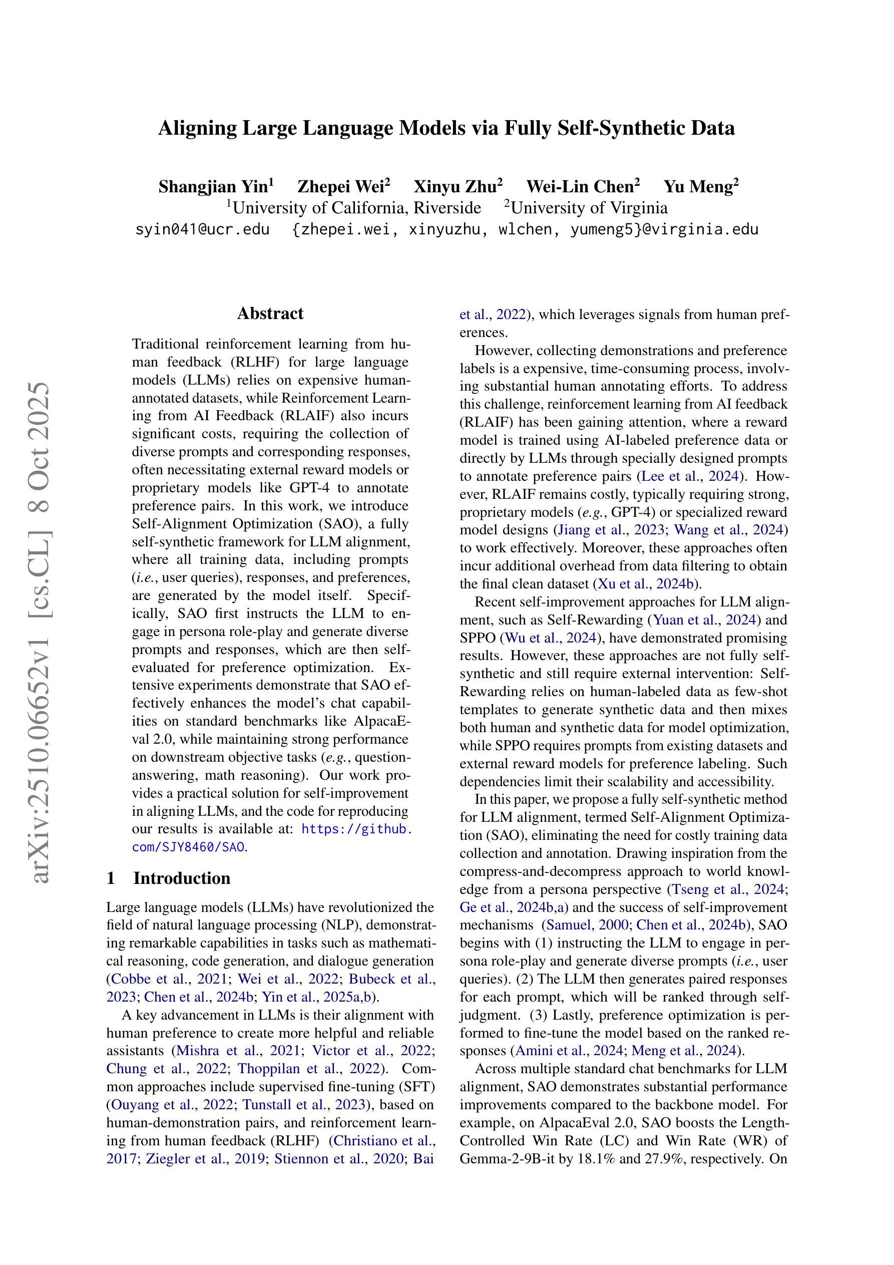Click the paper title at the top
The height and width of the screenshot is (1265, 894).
[446, 128]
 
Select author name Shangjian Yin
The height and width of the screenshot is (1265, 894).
[213, 187]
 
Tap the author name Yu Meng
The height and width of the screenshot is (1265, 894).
[698, 187]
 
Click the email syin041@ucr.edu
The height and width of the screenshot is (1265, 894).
[202, 229]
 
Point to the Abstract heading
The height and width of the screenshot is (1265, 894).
[270, 313]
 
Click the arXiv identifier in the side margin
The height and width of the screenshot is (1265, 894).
[42, 634]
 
